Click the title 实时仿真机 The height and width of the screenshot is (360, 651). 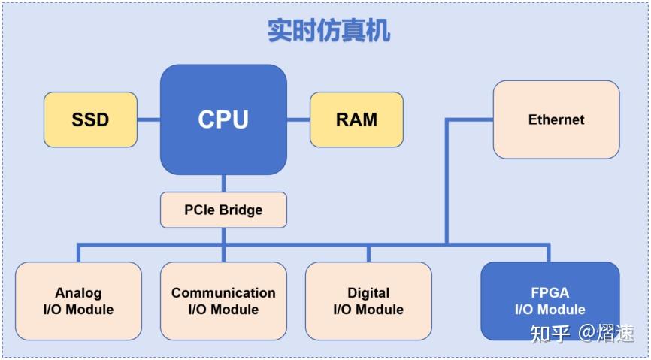tap(329, 31)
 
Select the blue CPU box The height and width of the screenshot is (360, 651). tap(223, 119)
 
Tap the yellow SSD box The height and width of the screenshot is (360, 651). tap(90, 119)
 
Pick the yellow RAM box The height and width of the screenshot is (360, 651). tap(356, 119)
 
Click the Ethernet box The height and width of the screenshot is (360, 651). tap(556, 119)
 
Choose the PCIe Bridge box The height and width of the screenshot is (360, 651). tap(223, 210)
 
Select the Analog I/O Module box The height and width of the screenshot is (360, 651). tap(78, 301)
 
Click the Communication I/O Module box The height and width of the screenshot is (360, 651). tap(223, 301)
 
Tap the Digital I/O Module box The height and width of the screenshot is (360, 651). tap(368, 301)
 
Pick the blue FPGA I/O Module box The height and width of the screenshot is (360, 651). tap(550, 301)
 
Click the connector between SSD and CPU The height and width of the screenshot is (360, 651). tap(149, 119)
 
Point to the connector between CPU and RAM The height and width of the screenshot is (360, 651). tap(298, 119)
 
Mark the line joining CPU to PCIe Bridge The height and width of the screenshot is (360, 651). tap(223, 183)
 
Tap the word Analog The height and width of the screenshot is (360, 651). tap(78, 293)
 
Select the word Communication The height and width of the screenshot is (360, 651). tap(223, 292)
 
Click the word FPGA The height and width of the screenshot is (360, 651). tap(550, 293)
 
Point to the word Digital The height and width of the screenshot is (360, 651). tap(368, 292)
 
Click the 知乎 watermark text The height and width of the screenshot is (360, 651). tap(550, 333)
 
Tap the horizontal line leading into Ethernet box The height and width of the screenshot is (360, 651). tap(470, 119)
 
